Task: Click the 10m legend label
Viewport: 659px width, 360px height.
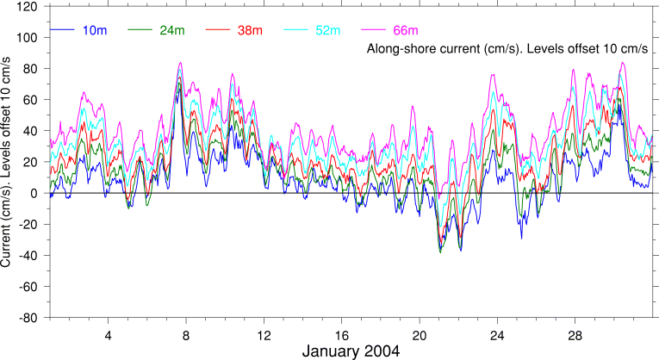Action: (x=95, y=31)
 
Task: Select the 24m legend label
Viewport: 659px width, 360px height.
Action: (x=171, y=31)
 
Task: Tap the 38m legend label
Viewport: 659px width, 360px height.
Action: (x=249, y=31)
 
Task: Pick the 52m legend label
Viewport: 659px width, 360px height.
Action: (x=326, y=31)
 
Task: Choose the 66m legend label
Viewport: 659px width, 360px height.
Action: (x=402, y=31)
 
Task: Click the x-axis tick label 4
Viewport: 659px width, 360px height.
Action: (x=108, y=334)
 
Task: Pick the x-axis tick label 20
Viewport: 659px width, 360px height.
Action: (x=420, y=334)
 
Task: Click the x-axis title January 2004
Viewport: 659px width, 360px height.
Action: (x=351, y=351)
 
